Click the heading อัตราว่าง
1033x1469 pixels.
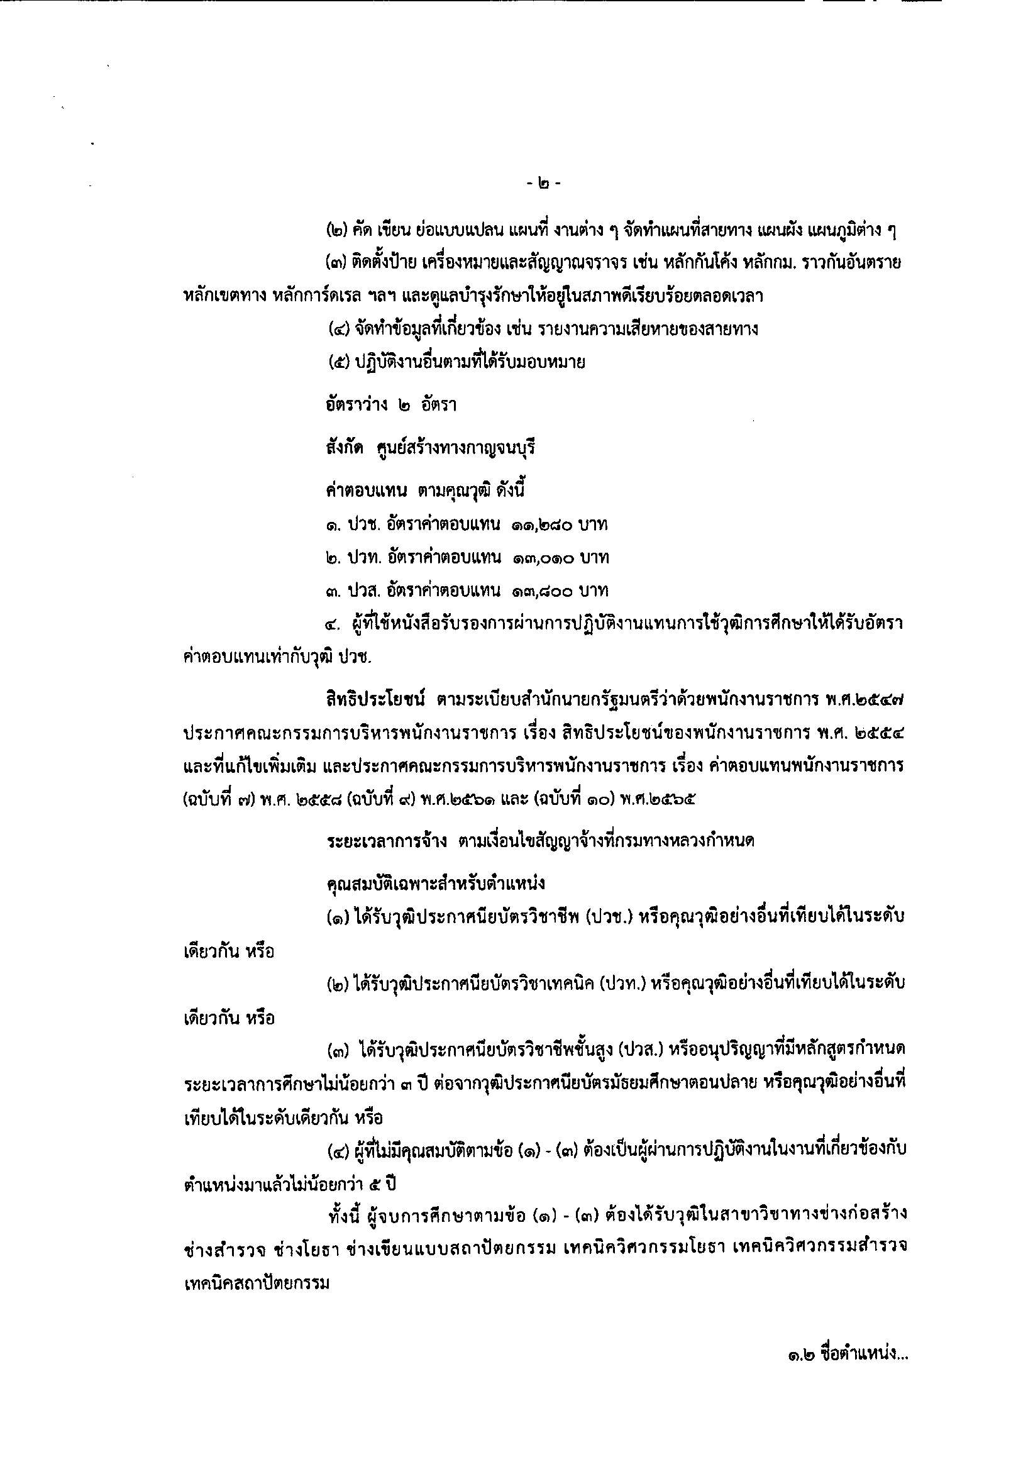tap(352, 405)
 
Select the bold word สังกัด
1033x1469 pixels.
tap(344, 448)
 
